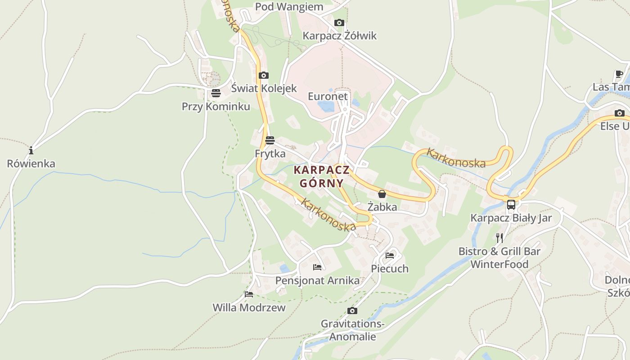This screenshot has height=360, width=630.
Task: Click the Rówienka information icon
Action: click(x=31, y=150)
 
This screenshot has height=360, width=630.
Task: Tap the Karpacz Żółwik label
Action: click(x=339, y=36)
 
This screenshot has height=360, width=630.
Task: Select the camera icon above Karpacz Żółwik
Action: click(x=339, y=22)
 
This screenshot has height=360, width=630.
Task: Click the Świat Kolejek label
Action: click(x=264, y=88)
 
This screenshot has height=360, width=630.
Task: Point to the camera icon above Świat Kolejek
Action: click(x=264, y=75)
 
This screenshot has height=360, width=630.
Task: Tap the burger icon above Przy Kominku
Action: click(x=216, y=93)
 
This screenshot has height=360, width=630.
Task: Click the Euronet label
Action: click(x=328, y=96)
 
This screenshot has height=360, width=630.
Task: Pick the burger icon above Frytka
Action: click(x=270, y=140)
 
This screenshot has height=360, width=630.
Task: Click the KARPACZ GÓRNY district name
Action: click(x=322, y=176)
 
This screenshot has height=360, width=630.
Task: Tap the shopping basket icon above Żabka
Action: click(x=382, y=194)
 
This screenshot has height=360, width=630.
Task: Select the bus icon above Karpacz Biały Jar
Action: click(x=511, y=205)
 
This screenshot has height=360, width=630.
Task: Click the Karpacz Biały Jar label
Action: click(x=511, y=218)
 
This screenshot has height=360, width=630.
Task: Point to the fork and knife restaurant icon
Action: click(x=499, y=238)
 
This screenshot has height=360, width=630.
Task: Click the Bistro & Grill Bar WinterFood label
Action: click(x=499, y=257)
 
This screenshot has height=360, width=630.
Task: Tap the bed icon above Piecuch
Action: click(x=390, y=256)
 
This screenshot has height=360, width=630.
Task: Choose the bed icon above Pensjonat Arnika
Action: click(x=317, y=267)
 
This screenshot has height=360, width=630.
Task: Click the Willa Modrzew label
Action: click(x=249, y=308)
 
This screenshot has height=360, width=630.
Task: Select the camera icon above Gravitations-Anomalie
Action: click(x=352, y=310)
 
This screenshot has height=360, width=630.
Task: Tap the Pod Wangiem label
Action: click(x=289, y=7)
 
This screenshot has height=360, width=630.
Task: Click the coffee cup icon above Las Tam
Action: click(x=619, y=74)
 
